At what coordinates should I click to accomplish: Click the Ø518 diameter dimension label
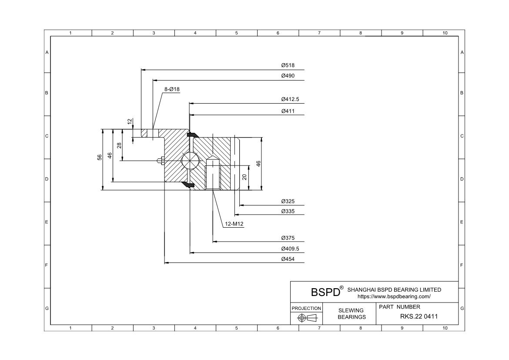coord(288,65)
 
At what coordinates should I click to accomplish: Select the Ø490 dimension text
coord(288,76)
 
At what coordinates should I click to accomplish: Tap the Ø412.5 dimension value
coord(290,99)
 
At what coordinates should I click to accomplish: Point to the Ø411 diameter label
coord(288,111)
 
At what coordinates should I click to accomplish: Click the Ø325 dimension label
coord(288,201)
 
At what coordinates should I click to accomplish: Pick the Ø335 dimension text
coord(288,211)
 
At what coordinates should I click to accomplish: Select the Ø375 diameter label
coord(288,238)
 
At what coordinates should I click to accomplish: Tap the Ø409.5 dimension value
coord(290,249)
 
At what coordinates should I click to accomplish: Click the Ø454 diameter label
coord(288,259)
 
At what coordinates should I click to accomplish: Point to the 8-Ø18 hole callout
coord(172,89)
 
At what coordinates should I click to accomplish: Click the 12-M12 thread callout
coord(234,224)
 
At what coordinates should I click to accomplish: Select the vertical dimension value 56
coord(100,157)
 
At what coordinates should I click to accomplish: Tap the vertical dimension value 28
coord(119,145)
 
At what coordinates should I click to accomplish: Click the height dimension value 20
coord(244,177)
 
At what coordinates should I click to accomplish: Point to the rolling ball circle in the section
coord(190,161)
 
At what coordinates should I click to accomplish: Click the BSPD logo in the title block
coord(325,292)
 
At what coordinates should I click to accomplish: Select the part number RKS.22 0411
coord(419,316)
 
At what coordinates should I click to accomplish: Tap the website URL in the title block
coord(394,296)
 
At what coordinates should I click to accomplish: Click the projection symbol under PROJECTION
coord(306,318)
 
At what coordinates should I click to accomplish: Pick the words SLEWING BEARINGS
coord(352,313)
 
